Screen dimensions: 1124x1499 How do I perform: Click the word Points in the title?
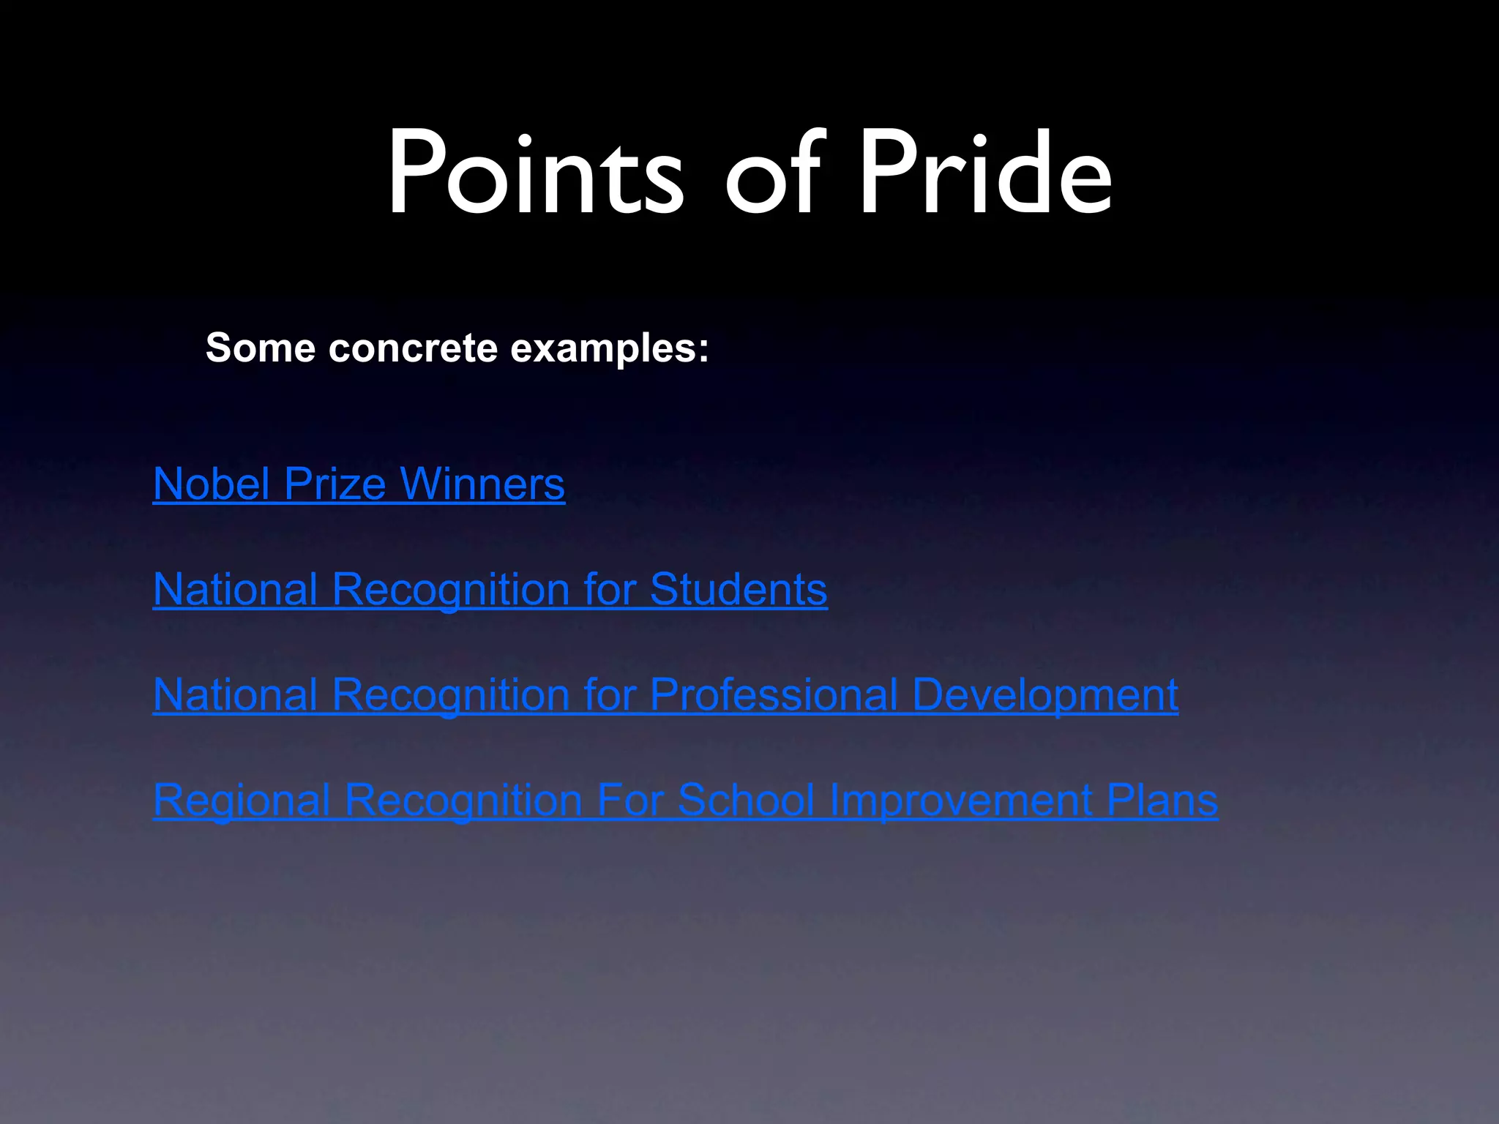click(x=534, y=174)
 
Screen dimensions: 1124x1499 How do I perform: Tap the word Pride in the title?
click(x=985, y=174)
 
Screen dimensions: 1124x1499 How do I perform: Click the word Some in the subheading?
click(x=261, y=348)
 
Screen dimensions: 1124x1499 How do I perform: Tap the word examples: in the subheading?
click(x=609, y=349)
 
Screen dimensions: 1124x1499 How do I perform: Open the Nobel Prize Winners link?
click(x=359, y=484)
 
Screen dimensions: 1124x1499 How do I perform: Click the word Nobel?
click(x=212, y=484)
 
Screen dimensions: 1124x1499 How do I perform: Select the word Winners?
click(x=482, y=484)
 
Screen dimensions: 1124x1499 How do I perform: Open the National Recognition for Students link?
click(x=490, y=590)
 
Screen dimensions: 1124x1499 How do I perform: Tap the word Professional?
click(x=774, y=695)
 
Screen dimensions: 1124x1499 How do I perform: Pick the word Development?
click(x=1044, y=695)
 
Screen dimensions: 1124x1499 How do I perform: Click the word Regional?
click(x=242, y=801)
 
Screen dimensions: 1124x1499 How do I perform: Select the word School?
click(x=746, y=801)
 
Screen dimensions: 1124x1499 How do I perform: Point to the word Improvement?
click(x=961, y=801)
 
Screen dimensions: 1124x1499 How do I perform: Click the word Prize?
click(x=334, y=484)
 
